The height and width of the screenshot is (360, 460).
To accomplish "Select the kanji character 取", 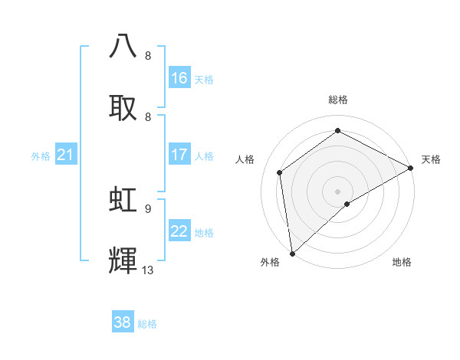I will [x=123, y=106].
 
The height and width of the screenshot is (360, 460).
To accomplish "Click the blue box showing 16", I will [x=179, y=78].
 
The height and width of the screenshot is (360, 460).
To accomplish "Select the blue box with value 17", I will [x=179, y=155].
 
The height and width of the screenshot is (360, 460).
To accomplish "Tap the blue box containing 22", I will [x=179, y=231].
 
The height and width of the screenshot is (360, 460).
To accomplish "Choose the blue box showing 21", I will [x=65, y=155].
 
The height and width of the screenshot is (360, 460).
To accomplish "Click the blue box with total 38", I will [x=123, y=322].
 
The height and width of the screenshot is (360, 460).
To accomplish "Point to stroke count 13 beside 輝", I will [x=148, y=270].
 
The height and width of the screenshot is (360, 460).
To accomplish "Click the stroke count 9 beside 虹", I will [x=148, y=208].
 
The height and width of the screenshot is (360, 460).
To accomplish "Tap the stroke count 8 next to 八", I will [x=148, y=55].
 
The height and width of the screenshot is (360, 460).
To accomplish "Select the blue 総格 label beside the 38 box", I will [x=147, y=324].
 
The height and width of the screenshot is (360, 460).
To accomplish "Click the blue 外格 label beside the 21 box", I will [x=41, y=156].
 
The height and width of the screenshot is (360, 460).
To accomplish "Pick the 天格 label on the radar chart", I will [x=431, y=159].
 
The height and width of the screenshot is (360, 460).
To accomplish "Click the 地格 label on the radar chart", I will [x=402, y=262].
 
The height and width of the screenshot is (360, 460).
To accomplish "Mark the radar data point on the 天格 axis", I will [x=411, y=168].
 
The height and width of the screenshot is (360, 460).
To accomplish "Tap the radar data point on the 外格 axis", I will [x=292, y=253].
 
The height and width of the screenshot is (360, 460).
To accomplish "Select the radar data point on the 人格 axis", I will [x=280, y=172].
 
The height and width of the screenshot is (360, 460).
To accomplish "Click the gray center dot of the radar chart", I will [x=337, y=191].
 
